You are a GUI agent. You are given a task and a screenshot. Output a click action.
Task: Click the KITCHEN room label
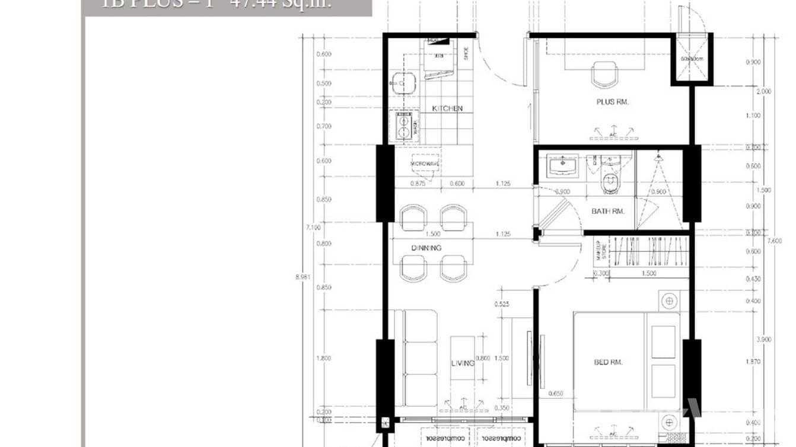click(447, 108)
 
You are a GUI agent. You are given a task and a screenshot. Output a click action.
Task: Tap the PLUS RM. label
click(612, 102)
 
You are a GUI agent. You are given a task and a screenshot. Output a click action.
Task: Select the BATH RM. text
click(609, 211)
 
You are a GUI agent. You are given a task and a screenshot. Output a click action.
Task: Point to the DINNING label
click(426, 248)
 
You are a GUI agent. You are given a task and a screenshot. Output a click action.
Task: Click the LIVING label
click(463, 363)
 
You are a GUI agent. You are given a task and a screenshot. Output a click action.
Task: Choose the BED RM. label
click(608, 362)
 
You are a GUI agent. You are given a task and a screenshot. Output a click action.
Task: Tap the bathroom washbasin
click(563, 165)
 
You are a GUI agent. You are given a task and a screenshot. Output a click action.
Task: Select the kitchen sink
click(403, 83)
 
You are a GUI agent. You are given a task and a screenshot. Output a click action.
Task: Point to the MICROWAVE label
click(425, 164)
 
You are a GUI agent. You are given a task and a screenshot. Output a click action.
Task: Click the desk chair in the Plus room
click(604, 75)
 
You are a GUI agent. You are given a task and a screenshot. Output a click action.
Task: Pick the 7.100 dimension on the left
click(314, 227)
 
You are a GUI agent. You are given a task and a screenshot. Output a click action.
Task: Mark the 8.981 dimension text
click(303, 276)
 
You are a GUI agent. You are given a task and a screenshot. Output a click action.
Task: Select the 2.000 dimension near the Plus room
click(765, 91)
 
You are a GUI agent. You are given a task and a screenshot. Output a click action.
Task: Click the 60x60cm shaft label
click(692, 59)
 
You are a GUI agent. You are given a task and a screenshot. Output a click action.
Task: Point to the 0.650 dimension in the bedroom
click(556, 392)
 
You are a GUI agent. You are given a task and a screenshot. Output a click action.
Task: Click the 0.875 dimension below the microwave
click(418, 183)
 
